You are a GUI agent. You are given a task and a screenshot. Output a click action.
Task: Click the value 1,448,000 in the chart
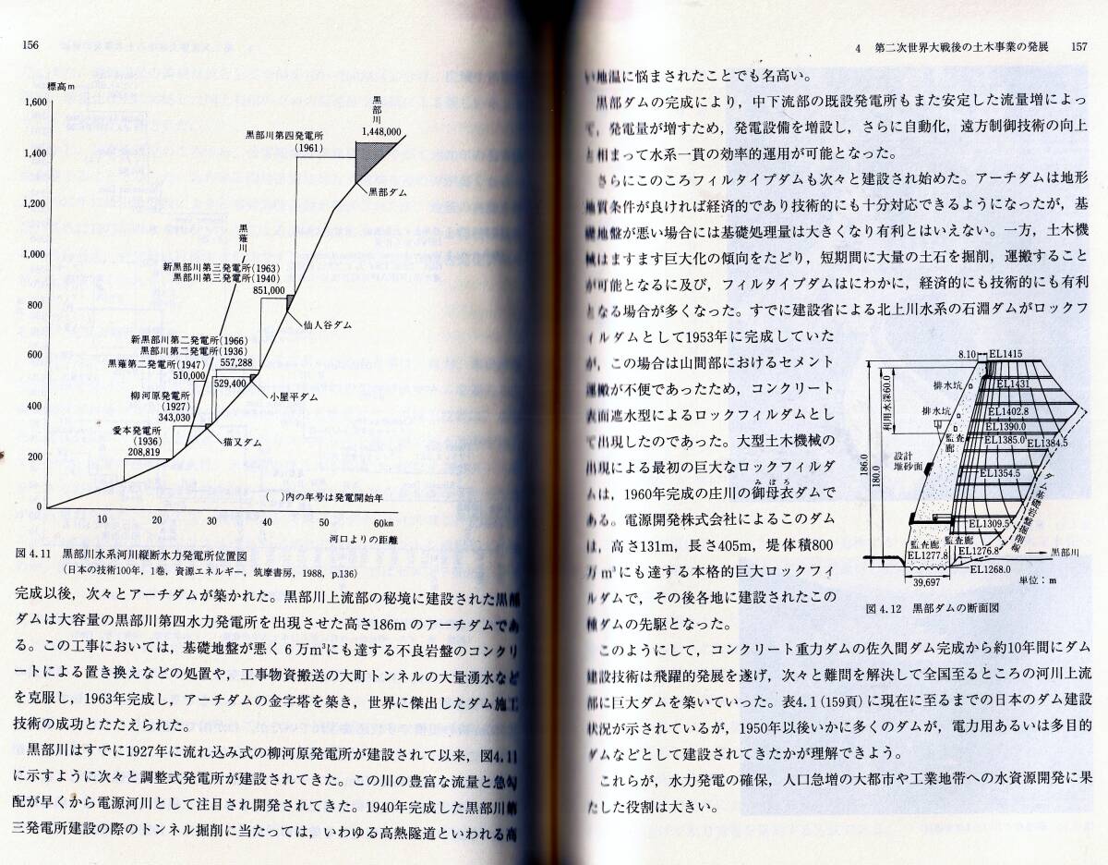[381, 132]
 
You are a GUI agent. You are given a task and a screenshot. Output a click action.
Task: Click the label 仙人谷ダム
[327, 324]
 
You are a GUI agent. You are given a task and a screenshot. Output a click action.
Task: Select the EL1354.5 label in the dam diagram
[998, 472]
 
